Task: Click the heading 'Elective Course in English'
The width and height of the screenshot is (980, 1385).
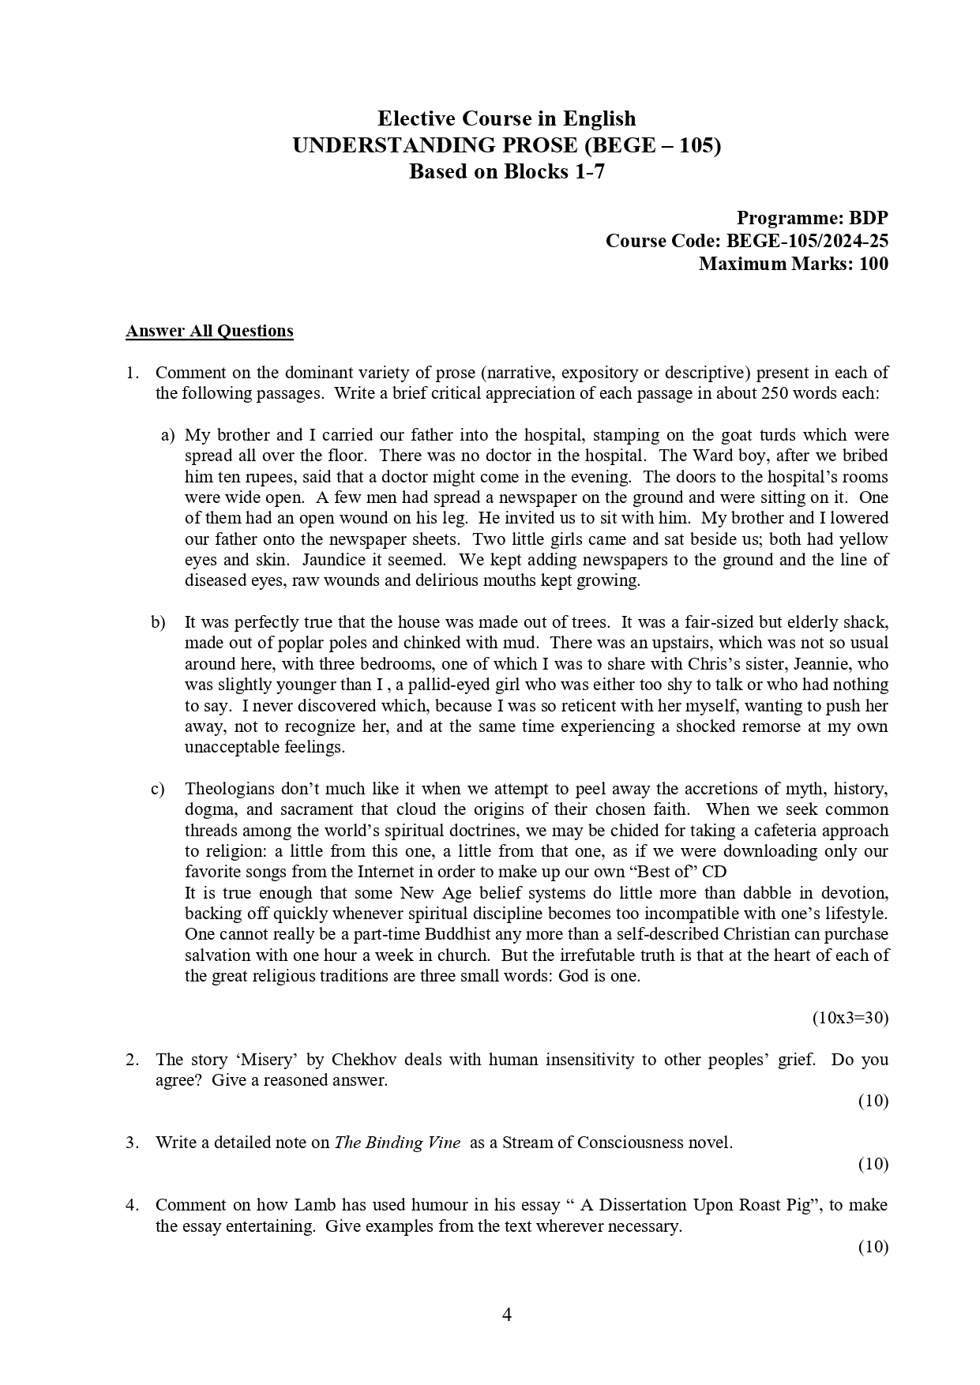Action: pyautogui.click(x=506, y=118)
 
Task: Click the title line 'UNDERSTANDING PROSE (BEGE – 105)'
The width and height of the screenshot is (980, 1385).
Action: pyautogui.click(x=506, y=145)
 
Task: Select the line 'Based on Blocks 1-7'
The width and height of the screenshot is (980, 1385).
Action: pyautogui.click(x=506, y=171)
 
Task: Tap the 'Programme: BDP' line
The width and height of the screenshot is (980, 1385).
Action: pyautogui.click(x=812, y=218)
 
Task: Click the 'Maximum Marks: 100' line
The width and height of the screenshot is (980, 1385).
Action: pyautogui.click(x=793, y=264)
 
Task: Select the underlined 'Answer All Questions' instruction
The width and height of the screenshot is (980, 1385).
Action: pyautogui.click(x=209, y=331)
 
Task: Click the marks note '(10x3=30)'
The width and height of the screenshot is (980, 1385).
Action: pyautogui.click(x=850, y=1018)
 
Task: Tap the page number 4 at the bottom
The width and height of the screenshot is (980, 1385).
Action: pyautogui.click(x=507, y=1315)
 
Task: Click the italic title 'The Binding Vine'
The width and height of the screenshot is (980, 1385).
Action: pyautogui.click(x=397, y=1143)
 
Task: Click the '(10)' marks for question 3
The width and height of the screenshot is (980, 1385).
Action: pyautogui.click(x=873, y=1164)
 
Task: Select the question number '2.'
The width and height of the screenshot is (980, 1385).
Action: pyautogui.click(x=133, y=1060)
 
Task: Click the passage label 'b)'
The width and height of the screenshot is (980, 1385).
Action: pyautogui.click(x=158, y=622)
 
